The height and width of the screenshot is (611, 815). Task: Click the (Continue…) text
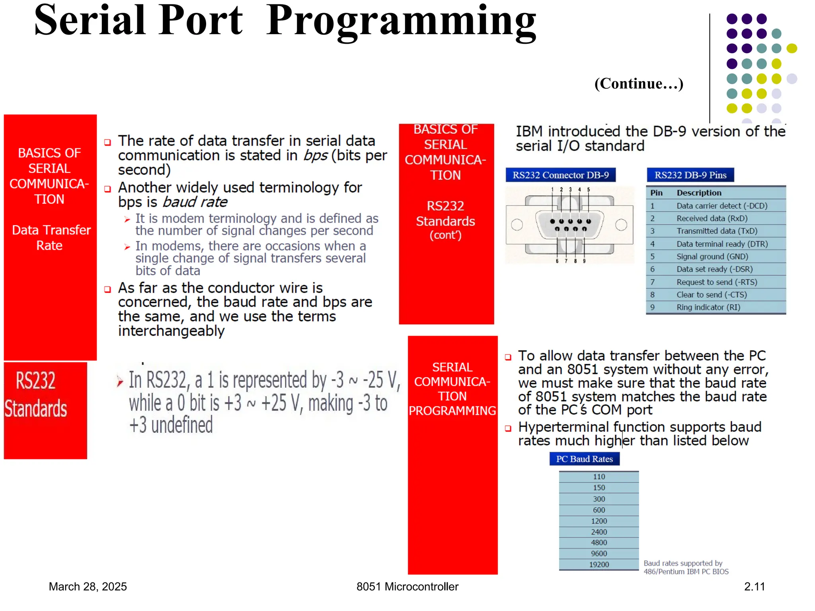click(638, 84)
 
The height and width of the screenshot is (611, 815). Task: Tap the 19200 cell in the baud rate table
click(599, 564)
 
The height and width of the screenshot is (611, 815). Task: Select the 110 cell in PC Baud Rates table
click(599, 477)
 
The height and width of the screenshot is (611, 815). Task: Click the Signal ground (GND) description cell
click(712, 257)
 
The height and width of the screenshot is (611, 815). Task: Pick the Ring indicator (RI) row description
click(708, 307)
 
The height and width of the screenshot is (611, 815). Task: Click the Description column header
click(699, 193)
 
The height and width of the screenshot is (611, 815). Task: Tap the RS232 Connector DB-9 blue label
click(560, 175)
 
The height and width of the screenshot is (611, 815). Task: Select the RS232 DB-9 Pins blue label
click(690, 175)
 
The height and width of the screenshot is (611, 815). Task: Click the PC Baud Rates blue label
click(584, 459)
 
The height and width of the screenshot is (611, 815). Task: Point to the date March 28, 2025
click(88, 587)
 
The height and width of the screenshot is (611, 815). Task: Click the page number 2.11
click(754, 587)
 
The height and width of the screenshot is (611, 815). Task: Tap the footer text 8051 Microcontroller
click(407, 587)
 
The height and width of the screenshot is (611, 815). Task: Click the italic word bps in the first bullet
click(316, 156)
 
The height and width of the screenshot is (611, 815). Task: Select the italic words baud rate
click(195, 202)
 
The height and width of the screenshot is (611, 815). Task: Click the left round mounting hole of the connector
click(517, 225)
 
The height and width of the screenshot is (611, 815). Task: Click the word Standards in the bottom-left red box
click(36, 409)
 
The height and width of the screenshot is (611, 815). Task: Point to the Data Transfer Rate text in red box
click(51, 237)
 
